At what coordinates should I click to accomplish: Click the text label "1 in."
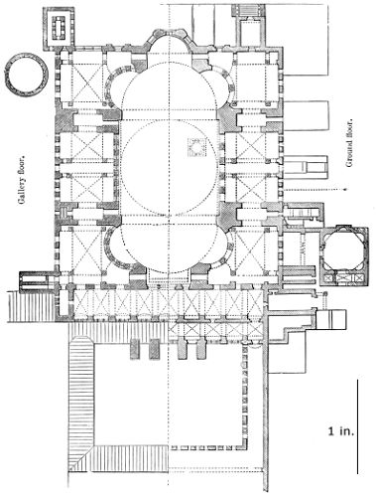pos(341,431)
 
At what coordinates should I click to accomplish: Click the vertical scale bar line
pos(357,426)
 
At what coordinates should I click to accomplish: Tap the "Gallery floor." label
pos(23,181)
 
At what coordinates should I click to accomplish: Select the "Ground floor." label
pos(349,143)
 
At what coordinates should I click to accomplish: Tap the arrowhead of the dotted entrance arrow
pos(345,190)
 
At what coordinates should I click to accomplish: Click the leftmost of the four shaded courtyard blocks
pos(135,349)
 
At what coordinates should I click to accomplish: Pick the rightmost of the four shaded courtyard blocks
pos(201,349)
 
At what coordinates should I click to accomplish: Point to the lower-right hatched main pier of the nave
pos(228,216)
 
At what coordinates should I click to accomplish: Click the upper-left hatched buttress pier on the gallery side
pos(65,119)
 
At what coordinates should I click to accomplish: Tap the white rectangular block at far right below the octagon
pos(331,319)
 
